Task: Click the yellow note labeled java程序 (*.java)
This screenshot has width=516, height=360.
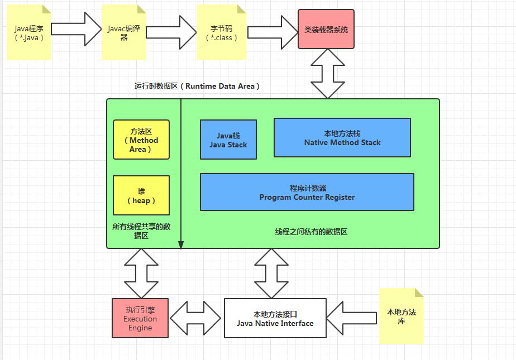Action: pos(28,33)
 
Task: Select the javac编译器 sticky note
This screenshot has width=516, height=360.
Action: pos(123,33)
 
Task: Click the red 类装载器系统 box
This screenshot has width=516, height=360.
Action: pos(326,30)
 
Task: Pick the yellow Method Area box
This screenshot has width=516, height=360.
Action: pos(141,140)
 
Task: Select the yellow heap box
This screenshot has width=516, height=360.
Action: pos(141,195)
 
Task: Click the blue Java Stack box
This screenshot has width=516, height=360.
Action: pos(228,140)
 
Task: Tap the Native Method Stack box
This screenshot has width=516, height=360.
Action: pos(342,138)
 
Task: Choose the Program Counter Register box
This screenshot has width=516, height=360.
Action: pos(307,192)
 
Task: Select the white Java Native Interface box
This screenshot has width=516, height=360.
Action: pos(275,318)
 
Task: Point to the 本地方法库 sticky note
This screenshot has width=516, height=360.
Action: pos(401,316)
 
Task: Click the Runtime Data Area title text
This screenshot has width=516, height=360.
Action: pos(197,86)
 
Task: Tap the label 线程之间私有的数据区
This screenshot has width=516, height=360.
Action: pos(311,232)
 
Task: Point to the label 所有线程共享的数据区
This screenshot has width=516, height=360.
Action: pos(141,231)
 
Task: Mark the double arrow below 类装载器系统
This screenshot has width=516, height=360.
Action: pos(327,73)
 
